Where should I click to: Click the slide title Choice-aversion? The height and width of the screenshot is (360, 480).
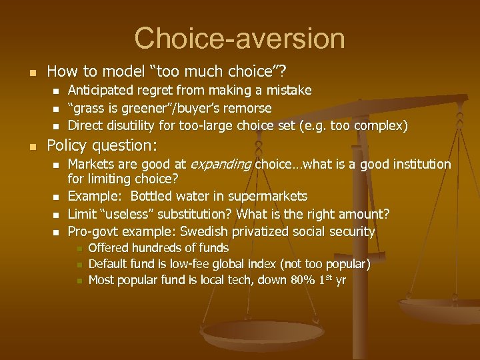[x=239, y=38]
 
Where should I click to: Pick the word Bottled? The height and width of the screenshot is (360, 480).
[x=155, y=196]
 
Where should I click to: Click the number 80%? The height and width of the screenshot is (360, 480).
[x=304, y=280]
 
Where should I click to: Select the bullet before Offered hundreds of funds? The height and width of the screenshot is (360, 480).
[x=77, y=249]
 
